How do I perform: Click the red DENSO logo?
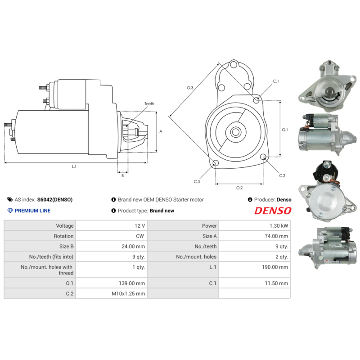click(x=273, y=211)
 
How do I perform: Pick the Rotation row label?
click(x=64, y=236)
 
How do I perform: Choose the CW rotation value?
click(x=140, y=236)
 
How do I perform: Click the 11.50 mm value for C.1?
click(x=277, y=283)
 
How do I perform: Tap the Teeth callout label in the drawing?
click(x=149, y=104)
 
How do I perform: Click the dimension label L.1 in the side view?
click(x=74, y=166)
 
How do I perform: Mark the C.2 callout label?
click(x=282, y=175)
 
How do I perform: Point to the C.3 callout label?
click(x=197, y=181)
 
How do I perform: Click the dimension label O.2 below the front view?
click(x=239, y=188)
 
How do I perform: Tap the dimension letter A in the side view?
click(x=161, y=131)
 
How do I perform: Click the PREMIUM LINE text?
click(x=32, y=211)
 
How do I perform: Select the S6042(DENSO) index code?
click(x=54, y=199)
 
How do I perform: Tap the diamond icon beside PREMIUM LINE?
click(x=10, y=211)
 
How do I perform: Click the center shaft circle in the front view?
click(x=236, y=132)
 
